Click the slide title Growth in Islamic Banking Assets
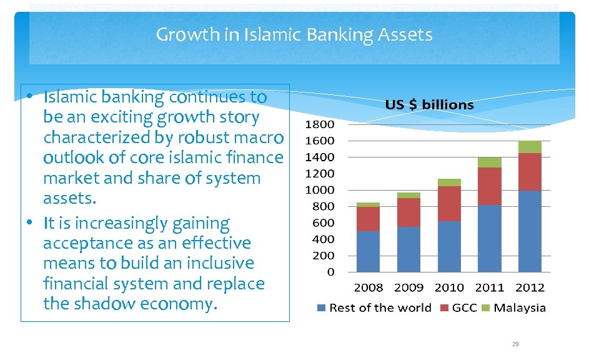(x=294, y=34)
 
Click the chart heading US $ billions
(x=429, y=105)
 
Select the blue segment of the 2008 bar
(x=368, y=251)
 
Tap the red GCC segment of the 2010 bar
(x=449, y=204)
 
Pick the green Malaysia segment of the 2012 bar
(x=530, y=147)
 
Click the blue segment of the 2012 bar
(x=530, y=231)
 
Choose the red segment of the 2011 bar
(x=489, y=186)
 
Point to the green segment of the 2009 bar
(x=408, y=195)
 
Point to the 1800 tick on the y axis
(x=319, y=124)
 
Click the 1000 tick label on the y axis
(x=319, y=190)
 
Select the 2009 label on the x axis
(x=408, y=287)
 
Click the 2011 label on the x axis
(x=489, y=287)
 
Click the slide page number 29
(x=515, y=344)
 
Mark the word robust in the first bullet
(x=198, y=137)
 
